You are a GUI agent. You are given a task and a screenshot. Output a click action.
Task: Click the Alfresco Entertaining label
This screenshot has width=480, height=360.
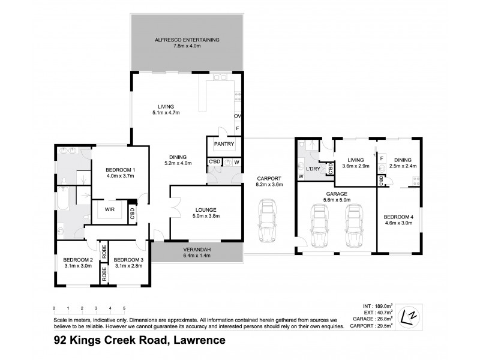[188, 40]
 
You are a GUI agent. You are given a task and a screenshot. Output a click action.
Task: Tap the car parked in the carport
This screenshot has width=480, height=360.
[266, 220]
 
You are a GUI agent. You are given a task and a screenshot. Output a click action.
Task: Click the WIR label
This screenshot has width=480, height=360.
[110, 210]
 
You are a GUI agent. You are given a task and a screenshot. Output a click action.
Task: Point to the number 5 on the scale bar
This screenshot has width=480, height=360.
[124, 308]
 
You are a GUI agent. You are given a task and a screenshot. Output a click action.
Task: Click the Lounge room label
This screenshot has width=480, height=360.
[205, 210]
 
